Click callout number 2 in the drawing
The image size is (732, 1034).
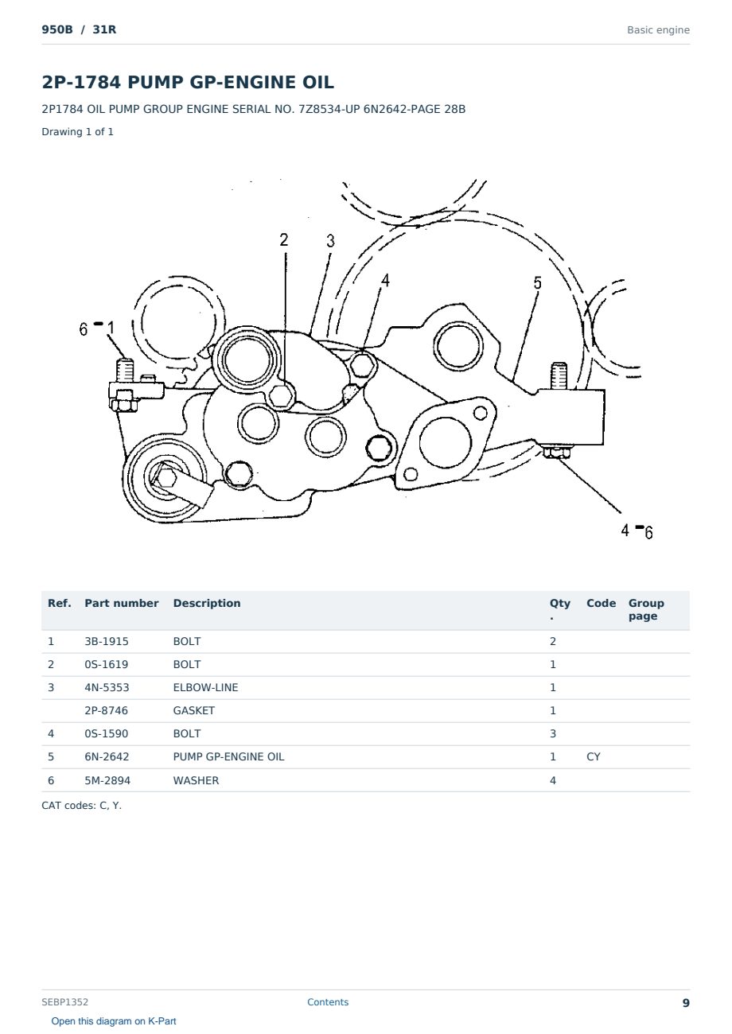(x=283, y=239)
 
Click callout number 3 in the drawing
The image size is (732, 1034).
(x=330, y=241)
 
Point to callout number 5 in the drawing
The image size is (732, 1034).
(x=537, y=282)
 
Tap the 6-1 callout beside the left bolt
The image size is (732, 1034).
(x=96, y=328)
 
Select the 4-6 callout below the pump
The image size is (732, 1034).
(x=637, y=531)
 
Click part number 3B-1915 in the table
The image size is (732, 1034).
(x=107, y=641)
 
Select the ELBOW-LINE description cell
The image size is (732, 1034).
(x=205, y=687)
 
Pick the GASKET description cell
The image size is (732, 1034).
(x=194, y=710)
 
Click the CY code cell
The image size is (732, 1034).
(x=593, y=756)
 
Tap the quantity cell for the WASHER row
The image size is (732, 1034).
(x=553, y=780)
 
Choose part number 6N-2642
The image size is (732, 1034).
(x=107, y=756)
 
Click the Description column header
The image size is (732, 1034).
(x=206, y=603)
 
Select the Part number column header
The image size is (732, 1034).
(x=122, y=603)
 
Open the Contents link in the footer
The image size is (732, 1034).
(x=328, y=1001)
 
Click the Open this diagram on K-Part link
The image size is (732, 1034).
(x=114, y=1020)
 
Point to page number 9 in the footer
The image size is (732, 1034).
(x=686, y=1003)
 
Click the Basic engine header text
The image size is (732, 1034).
(x=658, y=30)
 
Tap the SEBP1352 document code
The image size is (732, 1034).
(x=64, y=1001)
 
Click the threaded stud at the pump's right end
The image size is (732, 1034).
(x=559, y=376)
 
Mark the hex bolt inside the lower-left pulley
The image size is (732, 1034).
(x=165, y=477)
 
